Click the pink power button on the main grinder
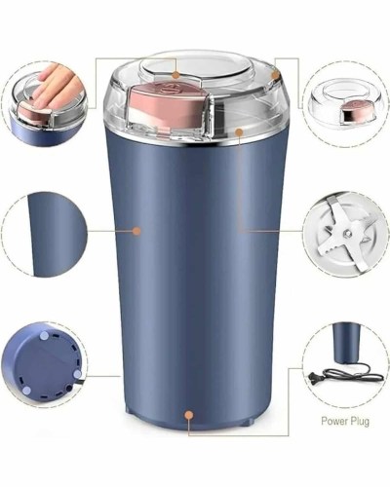pyautogui.click(x=168, y=100)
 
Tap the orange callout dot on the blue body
pyautogui.click(x=136, y=231)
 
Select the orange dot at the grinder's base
pyautogui.click(x=188, y=415)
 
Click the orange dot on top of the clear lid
pyautogui.click(x=175, y=75)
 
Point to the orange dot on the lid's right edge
pyautogui.click(x=276, y=75)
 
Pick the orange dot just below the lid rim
pyautogui.click(x=239, y=132)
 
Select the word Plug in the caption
pyautogui.click(x=360, y=422)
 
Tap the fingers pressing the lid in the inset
pyautogui.click(x=56, y=85)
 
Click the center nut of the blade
pyautogui.click(x=347, y=233)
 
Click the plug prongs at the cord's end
pyautogui.click(x=313, y=379)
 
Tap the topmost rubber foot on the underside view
pyautogui.click(x=44, y=336)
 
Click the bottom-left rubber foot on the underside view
pyautogui.click(x=27, y=390)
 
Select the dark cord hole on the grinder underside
pyautogui.click(x=69, y=388)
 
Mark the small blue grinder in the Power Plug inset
pyautogui.click(x=347, y=343)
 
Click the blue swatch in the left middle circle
pyautogui.click(x=57, y=235)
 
